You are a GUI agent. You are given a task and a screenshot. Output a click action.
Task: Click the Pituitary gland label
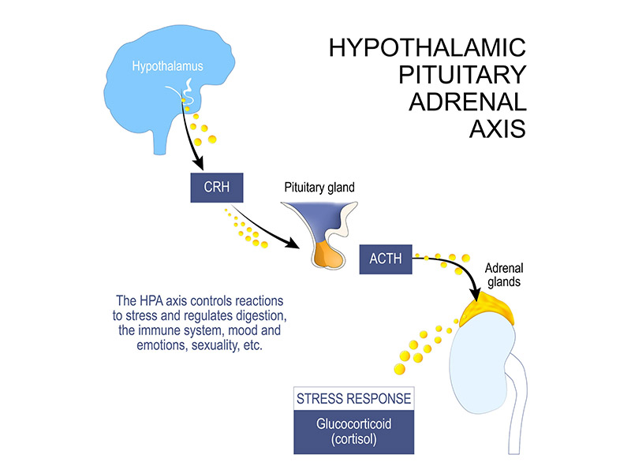(x=319, y=188)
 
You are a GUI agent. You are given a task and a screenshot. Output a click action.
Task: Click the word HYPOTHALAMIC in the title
(x=427, y=48)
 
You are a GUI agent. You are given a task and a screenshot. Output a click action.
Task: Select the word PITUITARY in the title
(x=464, y=75)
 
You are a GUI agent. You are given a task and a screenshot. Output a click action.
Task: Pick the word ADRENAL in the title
(x=472, y=102)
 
